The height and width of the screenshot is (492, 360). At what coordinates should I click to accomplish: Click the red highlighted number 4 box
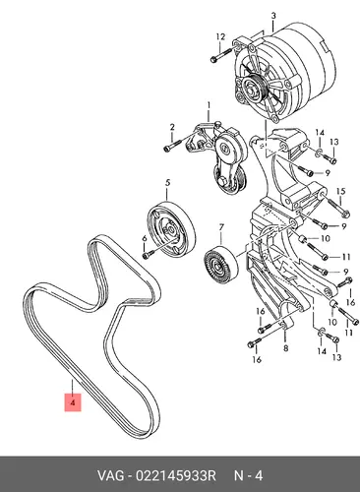click(x=73, y=402)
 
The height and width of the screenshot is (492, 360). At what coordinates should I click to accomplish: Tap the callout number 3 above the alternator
click(x=273, y=16)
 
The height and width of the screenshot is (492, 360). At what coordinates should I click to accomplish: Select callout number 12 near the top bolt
click(x=220, y=36)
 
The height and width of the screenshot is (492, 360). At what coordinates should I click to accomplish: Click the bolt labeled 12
click(x=221, y=55)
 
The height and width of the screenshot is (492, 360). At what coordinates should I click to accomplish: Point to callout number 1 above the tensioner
click(x=209, y=105)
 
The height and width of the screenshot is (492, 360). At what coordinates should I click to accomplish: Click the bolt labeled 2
click(x=172, y=146)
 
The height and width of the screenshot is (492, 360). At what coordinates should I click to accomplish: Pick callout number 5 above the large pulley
click(x=167, y=183)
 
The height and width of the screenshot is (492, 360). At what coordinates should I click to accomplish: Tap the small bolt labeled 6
click(x=147, y=255)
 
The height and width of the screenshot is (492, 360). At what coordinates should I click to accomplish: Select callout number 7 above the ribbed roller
click(x=221, y=226)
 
